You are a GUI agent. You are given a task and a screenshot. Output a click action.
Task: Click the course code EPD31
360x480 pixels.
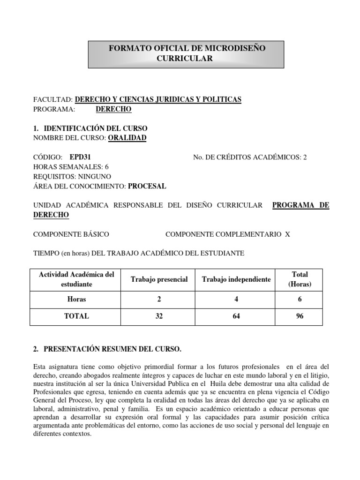[83, 157]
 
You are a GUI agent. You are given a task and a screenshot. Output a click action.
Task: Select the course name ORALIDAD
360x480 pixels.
[127, 137]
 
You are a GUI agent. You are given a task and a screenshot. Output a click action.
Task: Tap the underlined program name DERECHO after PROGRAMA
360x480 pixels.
[113, 109]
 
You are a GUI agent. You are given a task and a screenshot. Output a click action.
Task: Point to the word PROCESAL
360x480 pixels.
[147, 186]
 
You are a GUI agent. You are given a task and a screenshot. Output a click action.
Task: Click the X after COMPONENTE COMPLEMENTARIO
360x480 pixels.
[287, 234]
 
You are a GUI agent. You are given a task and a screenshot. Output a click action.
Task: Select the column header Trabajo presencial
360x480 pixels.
[159, 279]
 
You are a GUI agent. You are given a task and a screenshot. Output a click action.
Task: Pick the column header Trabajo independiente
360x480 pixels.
[236, 279]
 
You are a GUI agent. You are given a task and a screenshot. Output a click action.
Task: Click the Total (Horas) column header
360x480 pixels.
[300, 279]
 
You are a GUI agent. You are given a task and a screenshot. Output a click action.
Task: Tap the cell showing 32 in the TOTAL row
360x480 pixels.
[159, 316]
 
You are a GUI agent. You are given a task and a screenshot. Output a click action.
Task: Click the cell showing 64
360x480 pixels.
[236, 316]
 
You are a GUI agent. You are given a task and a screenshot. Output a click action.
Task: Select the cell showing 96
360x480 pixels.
[300, 316]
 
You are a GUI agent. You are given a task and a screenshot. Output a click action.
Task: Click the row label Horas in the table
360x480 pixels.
[76, 299]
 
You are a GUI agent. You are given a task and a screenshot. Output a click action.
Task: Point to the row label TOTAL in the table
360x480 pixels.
[76, 316]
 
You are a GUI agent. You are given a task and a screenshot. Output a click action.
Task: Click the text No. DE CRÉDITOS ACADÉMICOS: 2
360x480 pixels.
[250, 157]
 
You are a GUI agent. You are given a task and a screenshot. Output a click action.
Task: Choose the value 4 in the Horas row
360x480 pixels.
[236, 299]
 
